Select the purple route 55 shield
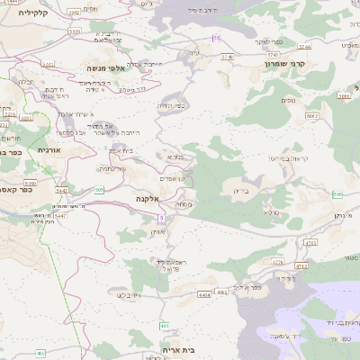pyautogui.click(x=217, y=38)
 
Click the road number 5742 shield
pyautogui.click(x=227, y=56)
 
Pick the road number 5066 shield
pyautogui.click(x=48, y=65)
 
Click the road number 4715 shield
pyautogui.click(x=310, y=242)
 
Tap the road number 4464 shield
pyautogui.click(x=204, y=294)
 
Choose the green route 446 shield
pyautogui.click(x=164, y=325)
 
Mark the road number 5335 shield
pyautogui.click(x=74, y=31)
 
